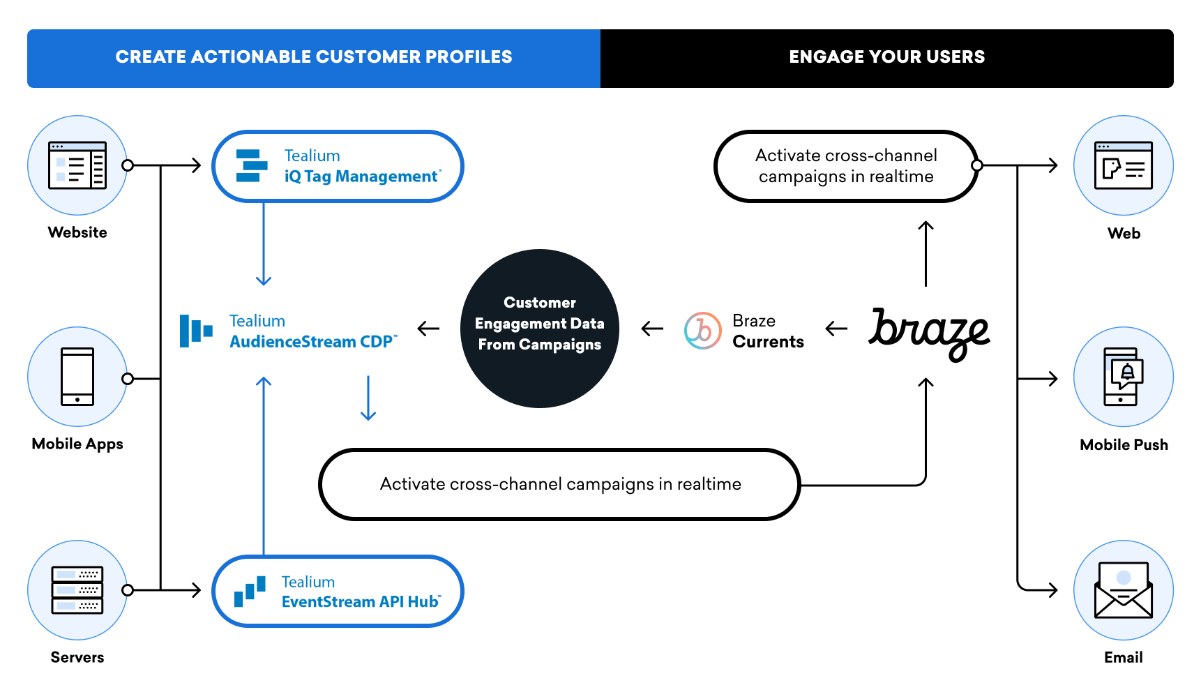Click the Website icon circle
pos(77,165)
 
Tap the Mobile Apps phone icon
pos(77,377)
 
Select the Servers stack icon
pos(77,590)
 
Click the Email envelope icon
pos(1123,590)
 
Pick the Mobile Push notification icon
pos(1123,377)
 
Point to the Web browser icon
pos(1123,165)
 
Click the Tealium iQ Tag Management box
pos(338,167)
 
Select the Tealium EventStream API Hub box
pos(338,591)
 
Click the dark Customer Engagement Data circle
pos(540,329)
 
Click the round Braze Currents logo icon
pos(702,331)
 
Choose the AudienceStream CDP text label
pos(312,342)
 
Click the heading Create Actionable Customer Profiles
pos(314,57)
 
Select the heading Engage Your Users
pos(886,57)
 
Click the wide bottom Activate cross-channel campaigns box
pos(559,484)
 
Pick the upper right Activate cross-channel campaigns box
pos(845,166)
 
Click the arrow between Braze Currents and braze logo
pos(836,329)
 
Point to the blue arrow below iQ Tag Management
pos(264,244)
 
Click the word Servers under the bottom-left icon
pos(77,657)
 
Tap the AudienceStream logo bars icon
pos(196,331)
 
